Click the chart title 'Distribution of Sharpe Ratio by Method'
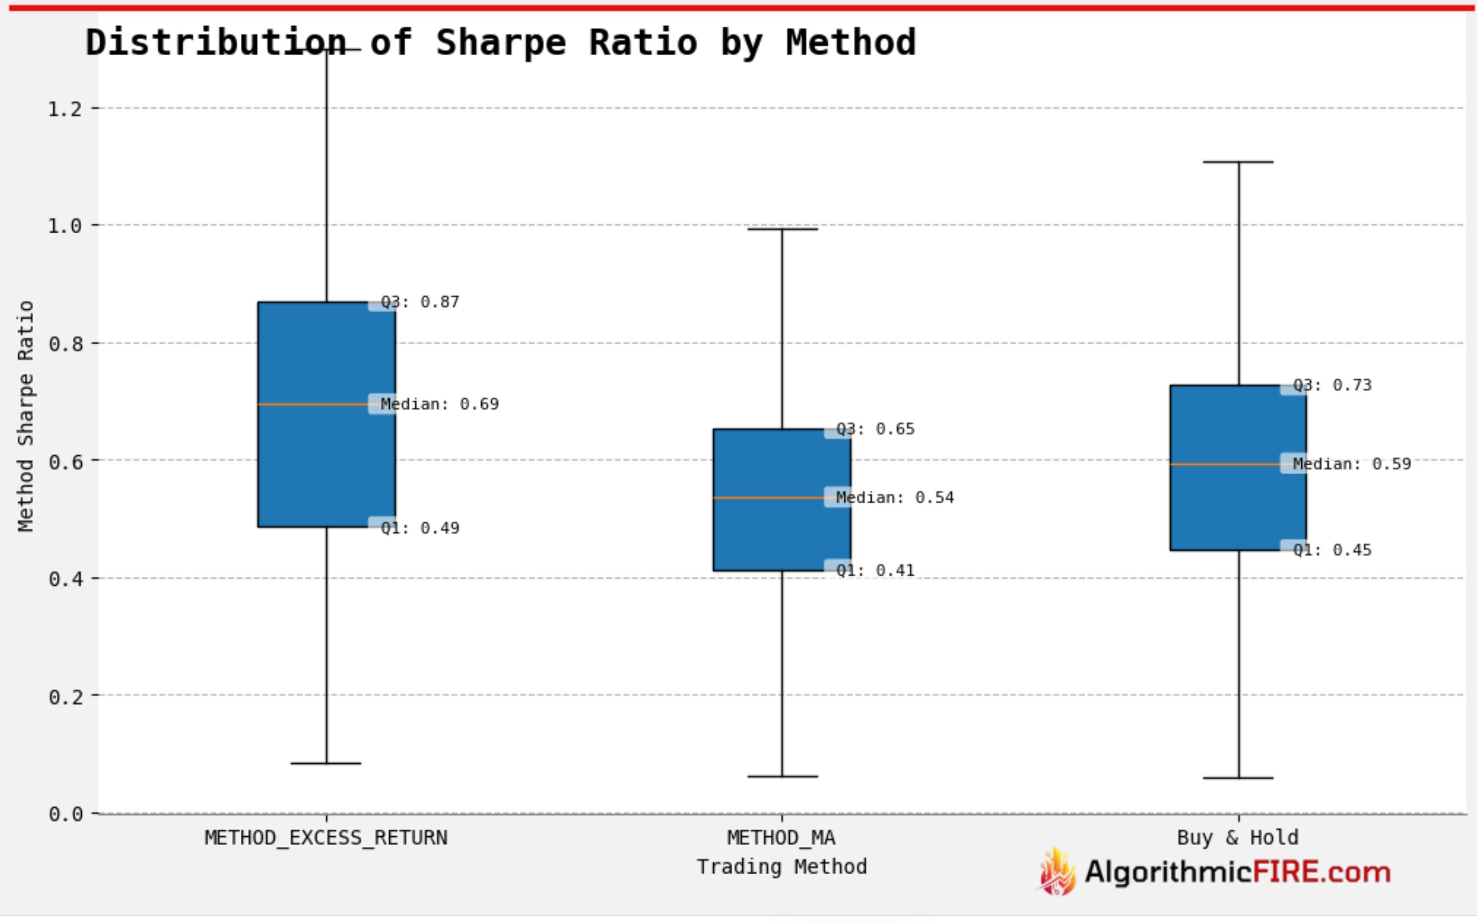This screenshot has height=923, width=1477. coord(501,42)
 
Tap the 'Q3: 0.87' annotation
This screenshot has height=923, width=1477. coord(420,302)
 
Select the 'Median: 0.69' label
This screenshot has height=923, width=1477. coord(439,404)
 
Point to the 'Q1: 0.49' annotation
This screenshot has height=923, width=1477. coord(420,528)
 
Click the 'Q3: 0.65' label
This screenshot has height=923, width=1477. coord(875,429)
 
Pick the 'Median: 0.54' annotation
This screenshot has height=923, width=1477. coord(894,498)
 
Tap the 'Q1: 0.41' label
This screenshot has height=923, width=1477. coord(875,571)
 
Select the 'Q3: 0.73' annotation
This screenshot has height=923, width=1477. coord(1332,385)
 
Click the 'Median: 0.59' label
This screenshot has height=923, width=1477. coord(1351,464)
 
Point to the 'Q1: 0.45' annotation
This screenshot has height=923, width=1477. coord(1332,550)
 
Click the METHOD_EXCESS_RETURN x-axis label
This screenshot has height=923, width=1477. coord(326,838)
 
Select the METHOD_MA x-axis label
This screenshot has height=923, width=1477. coord(781,838)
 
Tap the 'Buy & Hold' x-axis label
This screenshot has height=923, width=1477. coord(1237,838)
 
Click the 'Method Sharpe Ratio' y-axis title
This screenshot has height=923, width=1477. coord(25,416)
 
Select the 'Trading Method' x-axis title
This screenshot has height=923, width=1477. coord(782,867)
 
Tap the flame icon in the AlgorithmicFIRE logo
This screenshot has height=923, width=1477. coord(1057,872)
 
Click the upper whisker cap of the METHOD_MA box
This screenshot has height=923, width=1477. coord(782,229)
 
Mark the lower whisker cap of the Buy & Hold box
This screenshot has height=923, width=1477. coord(1238,778)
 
